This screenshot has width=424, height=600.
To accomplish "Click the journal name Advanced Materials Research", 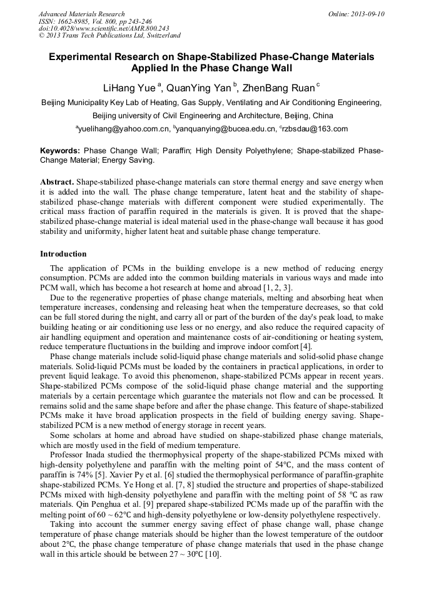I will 81,14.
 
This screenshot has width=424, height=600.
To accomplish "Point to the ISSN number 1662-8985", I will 74,21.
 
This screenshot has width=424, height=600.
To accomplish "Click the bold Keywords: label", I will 60,151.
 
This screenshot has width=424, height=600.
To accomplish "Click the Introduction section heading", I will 63,254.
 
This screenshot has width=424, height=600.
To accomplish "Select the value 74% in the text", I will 89,475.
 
